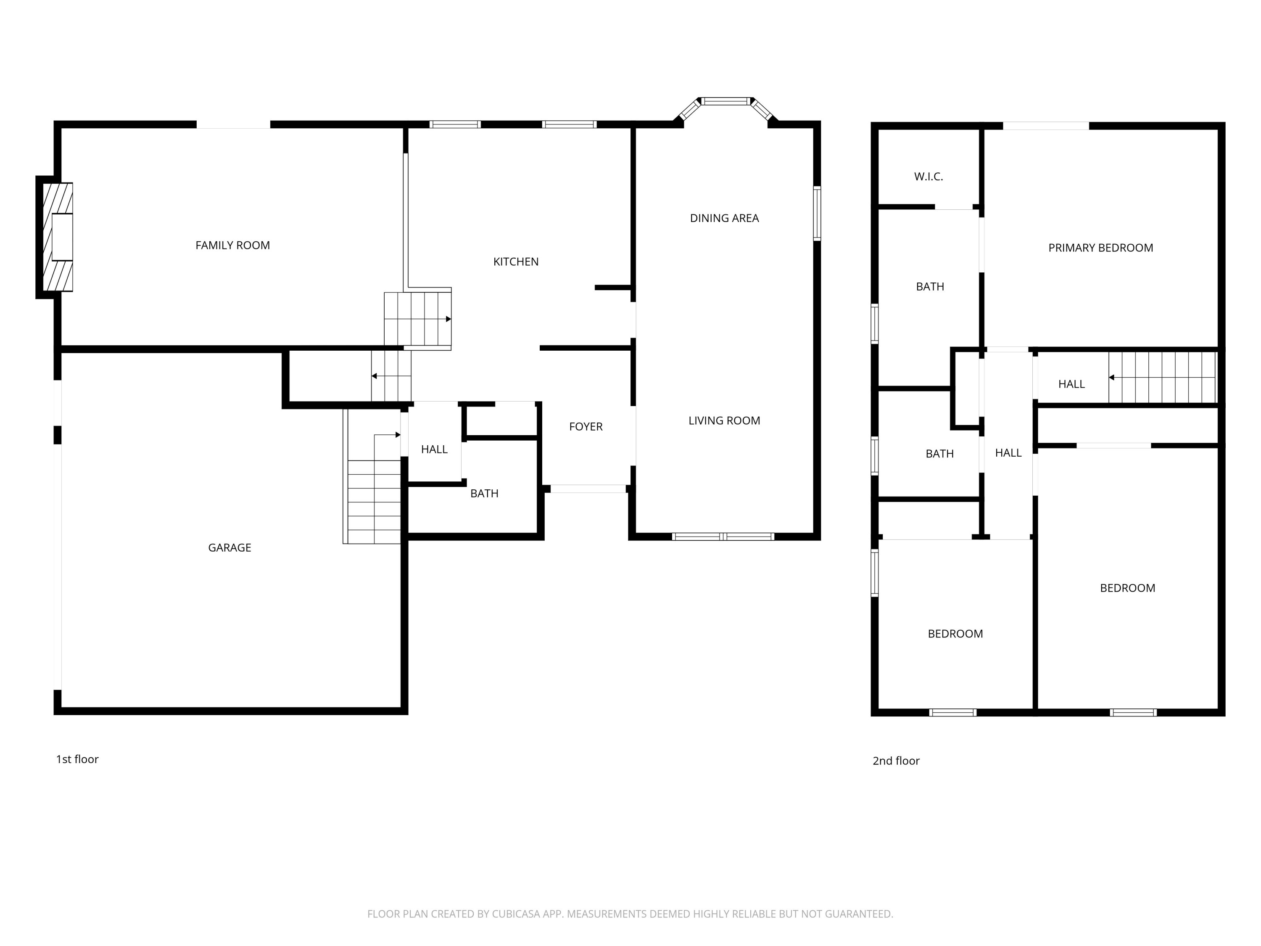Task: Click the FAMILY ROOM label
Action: (232, 245)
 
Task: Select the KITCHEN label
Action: (515, 262)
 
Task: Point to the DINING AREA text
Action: (724, 218)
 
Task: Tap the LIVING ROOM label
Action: (724, 421)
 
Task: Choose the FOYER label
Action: (586, 426)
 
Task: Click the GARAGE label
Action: (229, 547)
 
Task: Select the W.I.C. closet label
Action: (928, 177)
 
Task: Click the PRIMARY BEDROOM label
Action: (1100, 248)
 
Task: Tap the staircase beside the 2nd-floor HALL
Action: (1163, 378)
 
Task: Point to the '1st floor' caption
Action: (77, 759)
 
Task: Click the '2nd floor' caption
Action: (896, 761)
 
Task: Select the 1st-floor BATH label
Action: (484, 493)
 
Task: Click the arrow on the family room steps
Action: (448, 319)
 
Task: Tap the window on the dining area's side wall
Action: (817, 213)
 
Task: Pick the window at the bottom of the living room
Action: (723, 536)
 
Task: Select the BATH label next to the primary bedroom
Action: (930, 287)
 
